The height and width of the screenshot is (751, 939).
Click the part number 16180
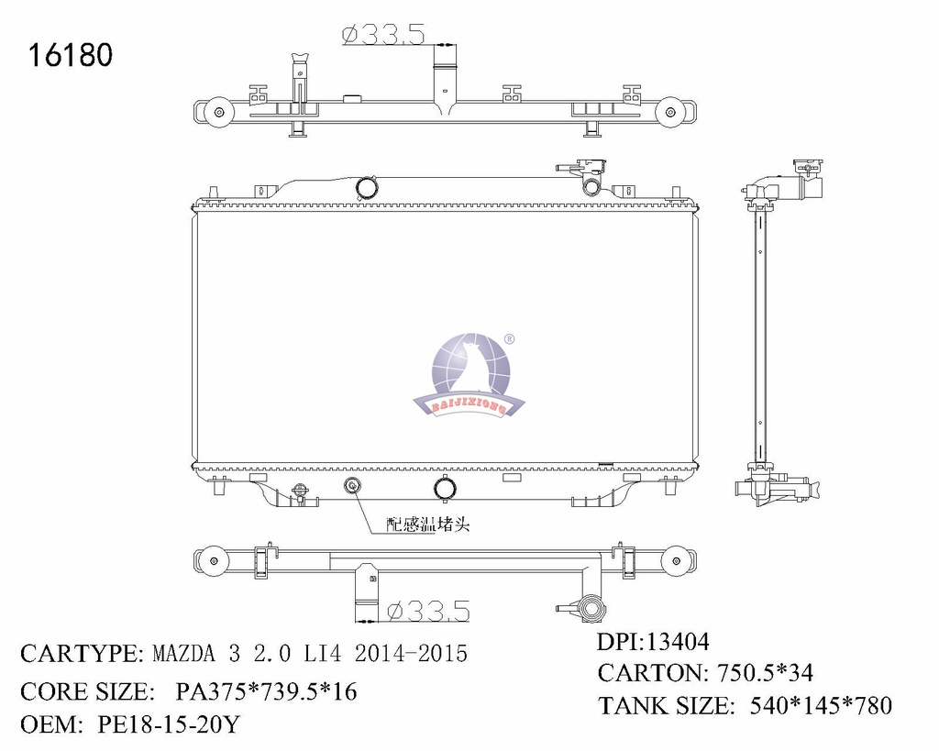(70, 55)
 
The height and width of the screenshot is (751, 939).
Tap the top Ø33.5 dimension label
(383, 34)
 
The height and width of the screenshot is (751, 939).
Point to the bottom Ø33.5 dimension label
(428, 611)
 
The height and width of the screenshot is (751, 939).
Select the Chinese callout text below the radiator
(428, 525)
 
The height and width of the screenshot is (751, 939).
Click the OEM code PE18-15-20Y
(169, 724)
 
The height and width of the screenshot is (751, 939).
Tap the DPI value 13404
(676, 642)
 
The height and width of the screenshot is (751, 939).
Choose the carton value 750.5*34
(766, 673)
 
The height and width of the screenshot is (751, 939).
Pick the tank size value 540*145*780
(821, 705)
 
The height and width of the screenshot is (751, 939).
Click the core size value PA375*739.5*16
(266, 691)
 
